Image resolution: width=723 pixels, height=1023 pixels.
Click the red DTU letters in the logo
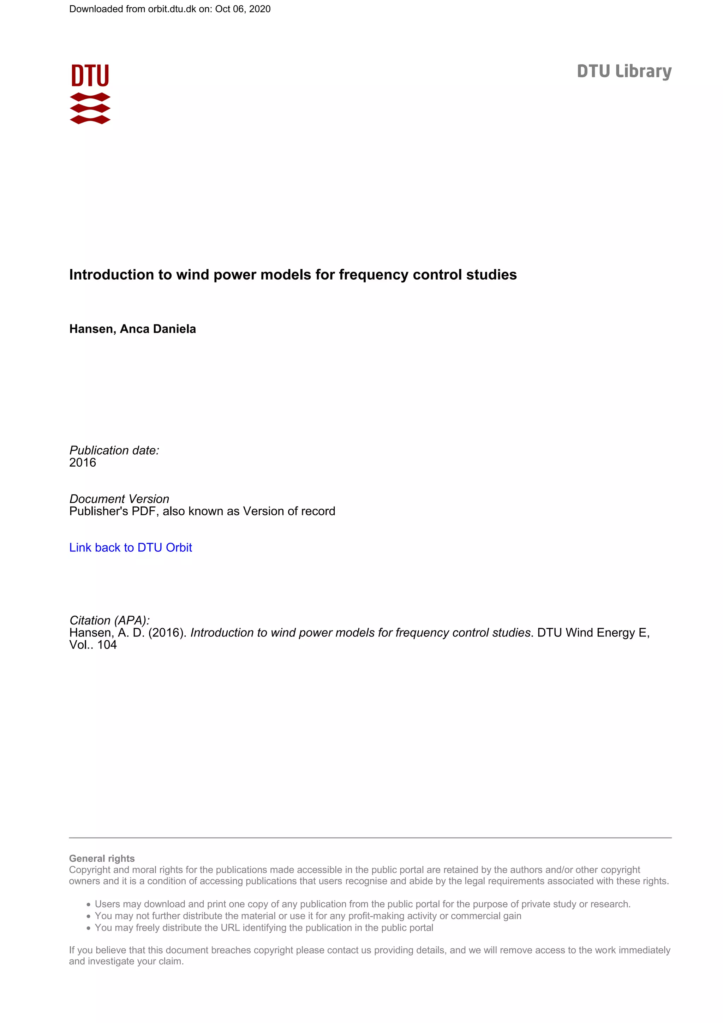pyautogui.click(x=90, y=76)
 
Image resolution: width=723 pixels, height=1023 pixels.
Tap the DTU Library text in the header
pyautogui.click(x=624, y=71)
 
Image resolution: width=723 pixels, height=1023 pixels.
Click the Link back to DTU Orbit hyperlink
pyautogui.click(x=131, y=547)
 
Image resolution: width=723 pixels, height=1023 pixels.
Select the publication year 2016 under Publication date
pyautogui.click(x=82, y=462)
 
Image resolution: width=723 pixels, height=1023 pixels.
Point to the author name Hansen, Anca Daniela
pyautogui.click(x=132, y=329)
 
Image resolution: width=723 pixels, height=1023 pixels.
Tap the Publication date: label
pyautogui.click(x=114, y=450)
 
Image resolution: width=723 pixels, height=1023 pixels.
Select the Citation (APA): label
pyautogui.click(x=109, y=620)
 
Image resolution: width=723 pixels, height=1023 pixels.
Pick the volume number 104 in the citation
pyautogui.click(x=107, y=645)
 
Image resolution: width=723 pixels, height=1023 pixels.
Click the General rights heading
pyautogui.click(x=102, y=858)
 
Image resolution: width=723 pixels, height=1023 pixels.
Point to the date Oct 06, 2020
pyautogui.click(x=243, y=9)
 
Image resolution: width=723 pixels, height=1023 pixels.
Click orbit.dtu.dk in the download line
pyautogui.click(x=172, y=9)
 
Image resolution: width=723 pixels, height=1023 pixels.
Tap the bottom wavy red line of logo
pyautogui.click(x=90, y=119)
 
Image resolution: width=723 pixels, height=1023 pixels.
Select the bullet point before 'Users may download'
pyautogui.click(x=89, y=904)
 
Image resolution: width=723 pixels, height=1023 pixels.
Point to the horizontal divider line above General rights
pyautogui.click(x=370, y=838)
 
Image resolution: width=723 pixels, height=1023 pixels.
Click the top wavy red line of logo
pyautogui.click(x=90, y=97)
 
